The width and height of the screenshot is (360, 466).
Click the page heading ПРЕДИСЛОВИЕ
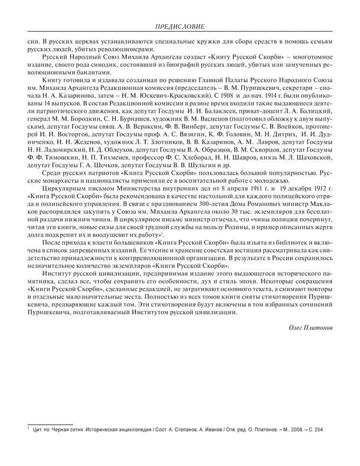(180, 27)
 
